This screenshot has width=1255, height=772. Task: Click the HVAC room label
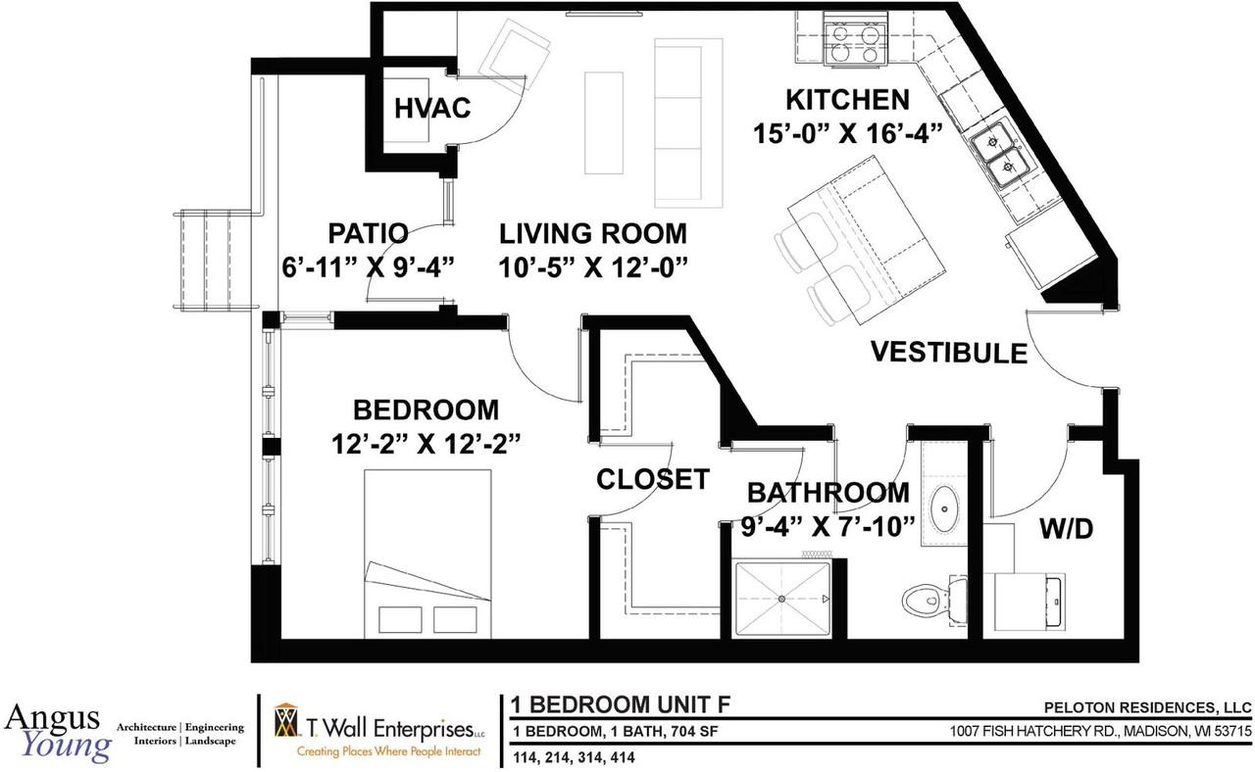click(433, 108)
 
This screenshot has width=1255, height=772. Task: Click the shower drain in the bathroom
click(781, 598)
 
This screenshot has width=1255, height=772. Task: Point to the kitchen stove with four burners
click(849, 40)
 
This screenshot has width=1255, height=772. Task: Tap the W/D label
click(1066, 530)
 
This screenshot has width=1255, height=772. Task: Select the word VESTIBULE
click(949, 353)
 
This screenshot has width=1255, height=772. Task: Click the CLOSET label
click(653, 479)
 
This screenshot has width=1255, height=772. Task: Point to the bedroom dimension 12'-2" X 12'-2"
click(426, 443)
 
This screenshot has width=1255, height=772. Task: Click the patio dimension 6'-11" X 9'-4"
click(368, 265)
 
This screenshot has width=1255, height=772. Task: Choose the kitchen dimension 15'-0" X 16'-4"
click(848, 132)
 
